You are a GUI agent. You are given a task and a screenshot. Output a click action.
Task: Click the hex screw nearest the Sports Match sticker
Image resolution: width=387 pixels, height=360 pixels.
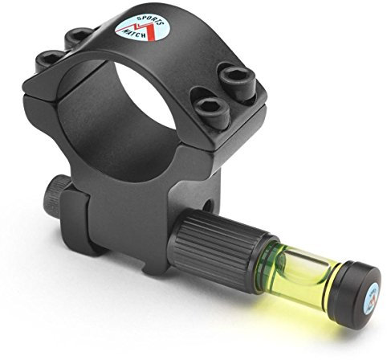(x=78, y=36)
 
